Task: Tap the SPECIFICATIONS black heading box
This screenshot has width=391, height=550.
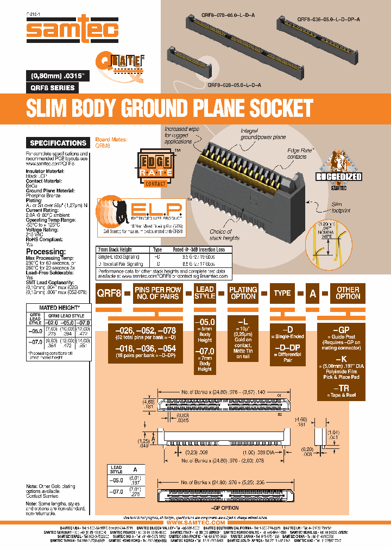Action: pos(58,143)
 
